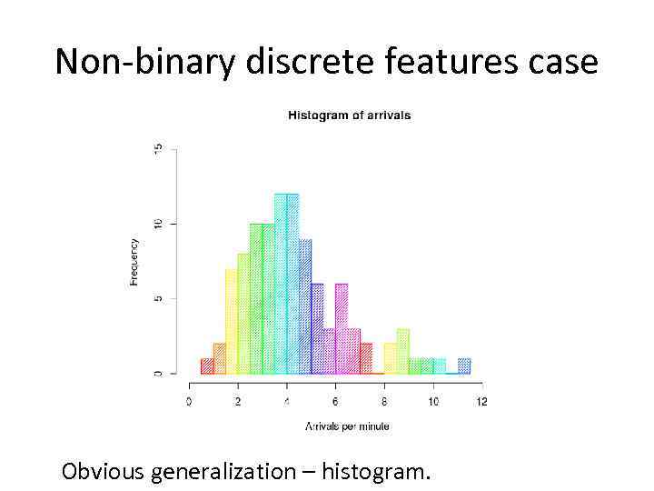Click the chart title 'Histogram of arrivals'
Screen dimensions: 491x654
[x=349, y=115]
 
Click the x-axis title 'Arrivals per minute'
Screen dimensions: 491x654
[x=347, y=426]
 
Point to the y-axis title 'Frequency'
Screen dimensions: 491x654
[x=134, y=263]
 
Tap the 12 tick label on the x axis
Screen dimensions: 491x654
[x=481, y=401]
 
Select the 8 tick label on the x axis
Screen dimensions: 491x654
[x=384, y=401]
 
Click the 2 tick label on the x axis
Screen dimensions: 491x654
[x=238, y=401]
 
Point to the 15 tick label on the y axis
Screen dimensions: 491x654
[x=160, y=148]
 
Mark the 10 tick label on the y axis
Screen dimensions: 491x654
[x=160, y=224]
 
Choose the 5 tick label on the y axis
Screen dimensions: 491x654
[x=160, y=298]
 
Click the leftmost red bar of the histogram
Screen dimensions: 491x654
[x=207, y=366]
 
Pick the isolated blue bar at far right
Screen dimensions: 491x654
[x=463, y=366]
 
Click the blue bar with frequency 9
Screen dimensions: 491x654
[x=305, y=306]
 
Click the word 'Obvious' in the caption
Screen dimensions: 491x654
[x=103, y=472]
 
